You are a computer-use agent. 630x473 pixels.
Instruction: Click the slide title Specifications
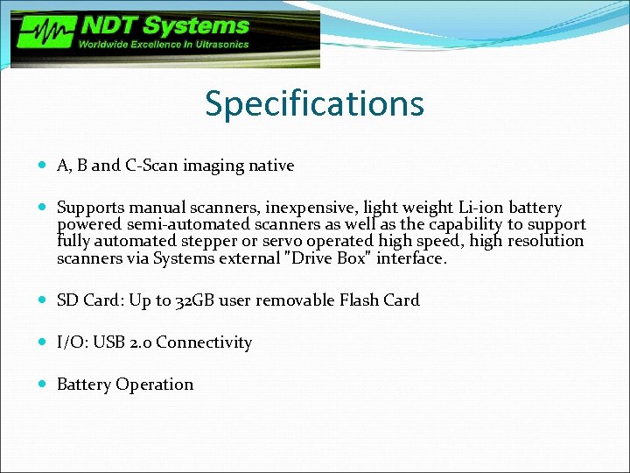click(314, 103)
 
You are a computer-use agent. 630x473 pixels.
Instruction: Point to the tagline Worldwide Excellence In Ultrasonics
click(164, 44)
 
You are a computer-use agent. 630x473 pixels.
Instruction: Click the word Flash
click(355, 300)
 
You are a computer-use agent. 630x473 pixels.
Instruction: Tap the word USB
click(108, 342)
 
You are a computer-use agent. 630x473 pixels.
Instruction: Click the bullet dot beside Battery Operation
click(45, 385)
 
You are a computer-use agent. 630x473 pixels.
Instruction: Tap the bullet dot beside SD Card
click(45, 300)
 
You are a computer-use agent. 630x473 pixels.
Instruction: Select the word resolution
click(544, 241)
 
